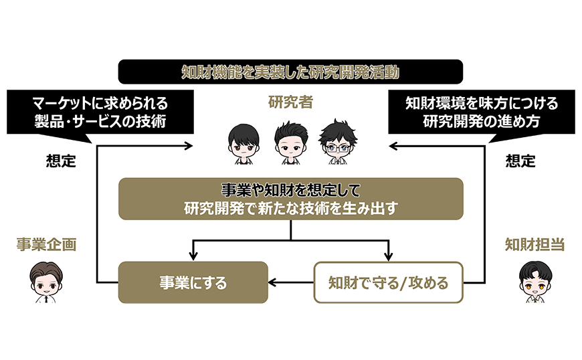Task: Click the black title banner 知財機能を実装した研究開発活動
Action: click(290, 72)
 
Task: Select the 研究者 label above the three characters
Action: click(290, 102)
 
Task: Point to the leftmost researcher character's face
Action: click(244, 144)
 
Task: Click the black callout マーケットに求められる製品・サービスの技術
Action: click(100, 112)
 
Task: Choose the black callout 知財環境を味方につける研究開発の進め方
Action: click(482, 112)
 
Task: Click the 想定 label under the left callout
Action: click(61, 161)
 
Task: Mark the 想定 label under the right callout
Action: click(520, 161)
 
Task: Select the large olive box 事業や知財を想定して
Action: click(290, 199)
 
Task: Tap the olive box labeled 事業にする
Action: click(193, 282)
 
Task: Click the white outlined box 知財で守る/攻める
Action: click(388, 282)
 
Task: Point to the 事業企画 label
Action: click(46, 245)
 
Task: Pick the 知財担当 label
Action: click(535, 245)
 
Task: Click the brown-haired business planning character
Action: click(46, 282)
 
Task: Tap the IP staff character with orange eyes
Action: click(535, 282)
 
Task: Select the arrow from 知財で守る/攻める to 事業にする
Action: click(291, 282)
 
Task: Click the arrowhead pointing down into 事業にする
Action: click(193, 256)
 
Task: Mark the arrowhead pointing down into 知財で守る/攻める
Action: click(388, 256)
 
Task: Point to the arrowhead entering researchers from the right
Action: click(393, 146)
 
